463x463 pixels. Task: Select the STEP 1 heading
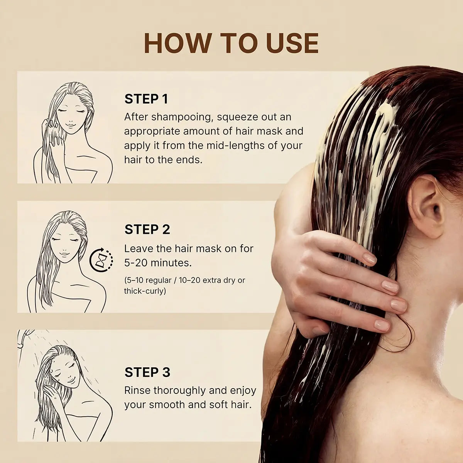[x=146, y=99]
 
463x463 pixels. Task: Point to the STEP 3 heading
[x=147, y=372]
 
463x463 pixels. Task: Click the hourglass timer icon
[x=101, y=260]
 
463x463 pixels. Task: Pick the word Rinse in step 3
[x=137, y=390]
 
